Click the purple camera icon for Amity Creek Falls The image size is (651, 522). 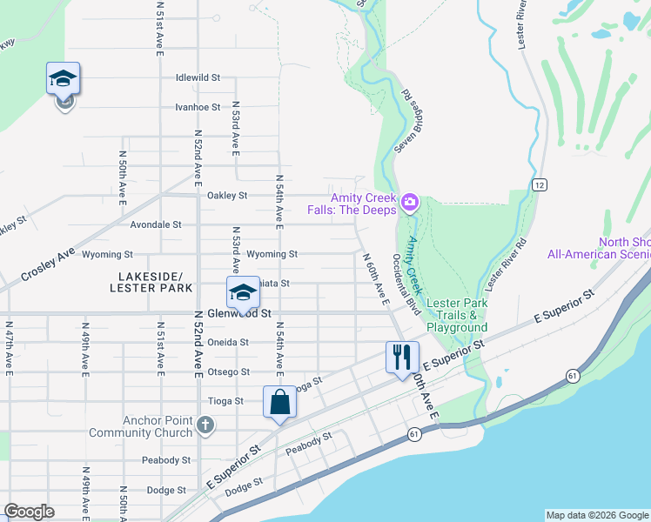click(410, 204)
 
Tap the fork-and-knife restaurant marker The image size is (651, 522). click(401, 358)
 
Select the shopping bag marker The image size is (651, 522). click(279, 403)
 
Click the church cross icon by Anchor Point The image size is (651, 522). click(205, 425)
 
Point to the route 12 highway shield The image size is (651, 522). click(540, 185)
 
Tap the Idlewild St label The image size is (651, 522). click(198, 77)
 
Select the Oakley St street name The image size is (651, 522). click(227, 196)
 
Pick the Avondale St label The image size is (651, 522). click(155, 224)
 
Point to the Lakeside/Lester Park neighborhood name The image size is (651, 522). click(152, 281)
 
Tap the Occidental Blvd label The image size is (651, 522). click(407, 284)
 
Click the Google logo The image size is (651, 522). click(29, 511)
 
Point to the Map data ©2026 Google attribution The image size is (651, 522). click(596, 515)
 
